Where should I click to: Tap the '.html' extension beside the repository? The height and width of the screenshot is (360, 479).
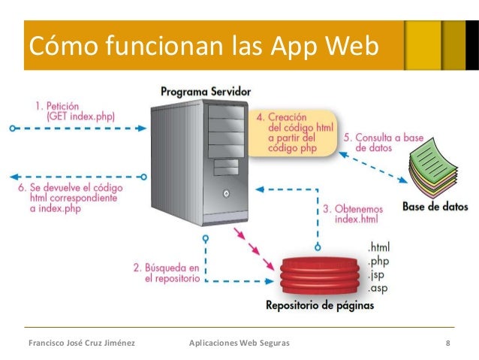[379, 247]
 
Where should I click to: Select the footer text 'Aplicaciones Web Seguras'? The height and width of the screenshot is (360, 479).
[239, 343]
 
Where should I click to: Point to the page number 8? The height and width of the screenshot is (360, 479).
[447, 343]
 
